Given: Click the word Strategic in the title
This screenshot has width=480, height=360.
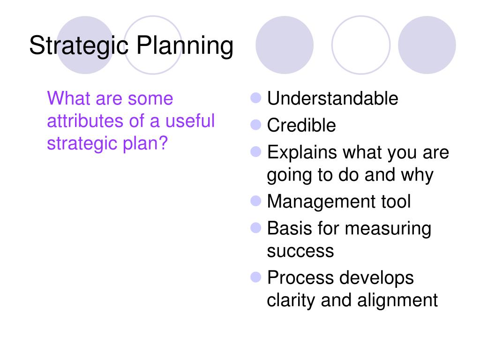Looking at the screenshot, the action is [x=79, y=46].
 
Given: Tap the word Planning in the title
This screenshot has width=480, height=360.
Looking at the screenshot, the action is [x=185, y=46].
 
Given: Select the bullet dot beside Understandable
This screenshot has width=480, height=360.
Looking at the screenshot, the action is [x=255, y=98].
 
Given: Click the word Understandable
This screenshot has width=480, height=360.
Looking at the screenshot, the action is [x=332, y=98].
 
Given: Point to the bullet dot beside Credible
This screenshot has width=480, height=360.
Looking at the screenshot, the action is [x=255, y=125].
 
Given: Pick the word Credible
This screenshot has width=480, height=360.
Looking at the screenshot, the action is [x=301, y=125].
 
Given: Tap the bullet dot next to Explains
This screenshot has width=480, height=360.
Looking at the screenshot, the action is [x=255, y=151].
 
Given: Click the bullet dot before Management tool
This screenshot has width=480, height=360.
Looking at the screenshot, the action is [x=255, y=201].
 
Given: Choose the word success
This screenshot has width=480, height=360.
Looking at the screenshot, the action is [x=300, y=252].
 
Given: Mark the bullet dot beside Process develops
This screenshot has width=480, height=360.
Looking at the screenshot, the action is [x=255, y=277].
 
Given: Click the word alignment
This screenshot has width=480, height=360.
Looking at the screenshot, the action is [x=397, y=300].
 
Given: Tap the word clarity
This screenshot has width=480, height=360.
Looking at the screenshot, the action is [x=291, y=300].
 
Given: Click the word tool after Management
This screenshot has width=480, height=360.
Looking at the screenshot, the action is [x=396, y=202].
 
